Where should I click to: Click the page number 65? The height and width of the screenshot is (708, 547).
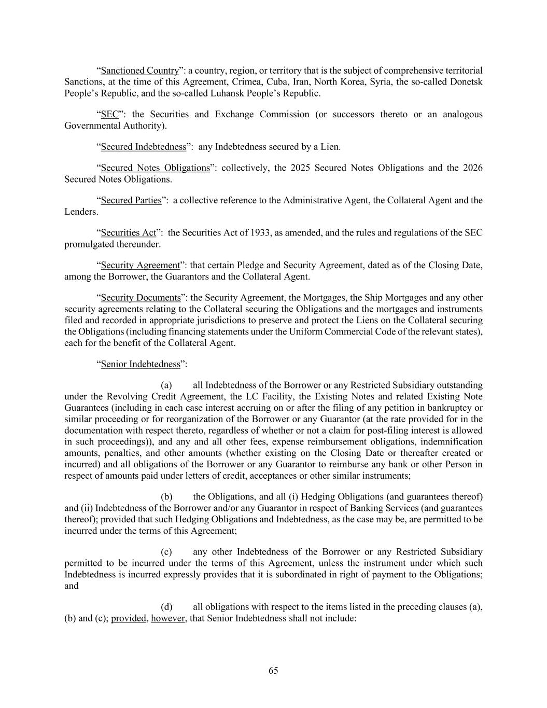coord(273,670)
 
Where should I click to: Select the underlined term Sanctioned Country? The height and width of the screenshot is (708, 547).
coord(139,71)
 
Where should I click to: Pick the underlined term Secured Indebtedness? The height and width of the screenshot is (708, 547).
coord(143,147)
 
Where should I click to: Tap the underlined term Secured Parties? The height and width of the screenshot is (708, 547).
coord(131,200)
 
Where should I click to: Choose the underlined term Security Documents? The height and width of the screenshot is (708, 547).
coord(141,298)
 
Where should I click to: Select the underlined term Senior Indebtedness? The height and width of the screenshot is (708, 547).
coord(141,364)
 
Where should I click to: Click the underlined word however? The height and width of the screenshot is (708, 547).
coord(168,618)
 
